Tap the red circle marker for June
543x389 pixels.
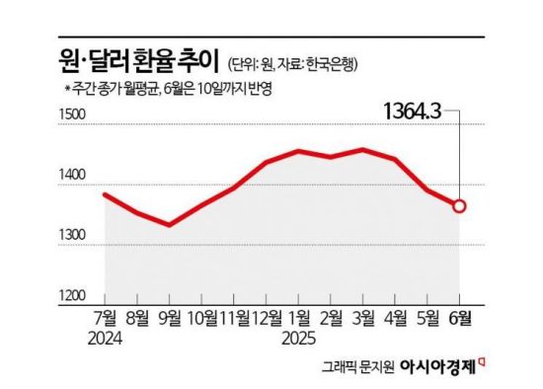459,206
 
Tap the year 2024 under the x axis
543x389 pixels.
106,339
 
